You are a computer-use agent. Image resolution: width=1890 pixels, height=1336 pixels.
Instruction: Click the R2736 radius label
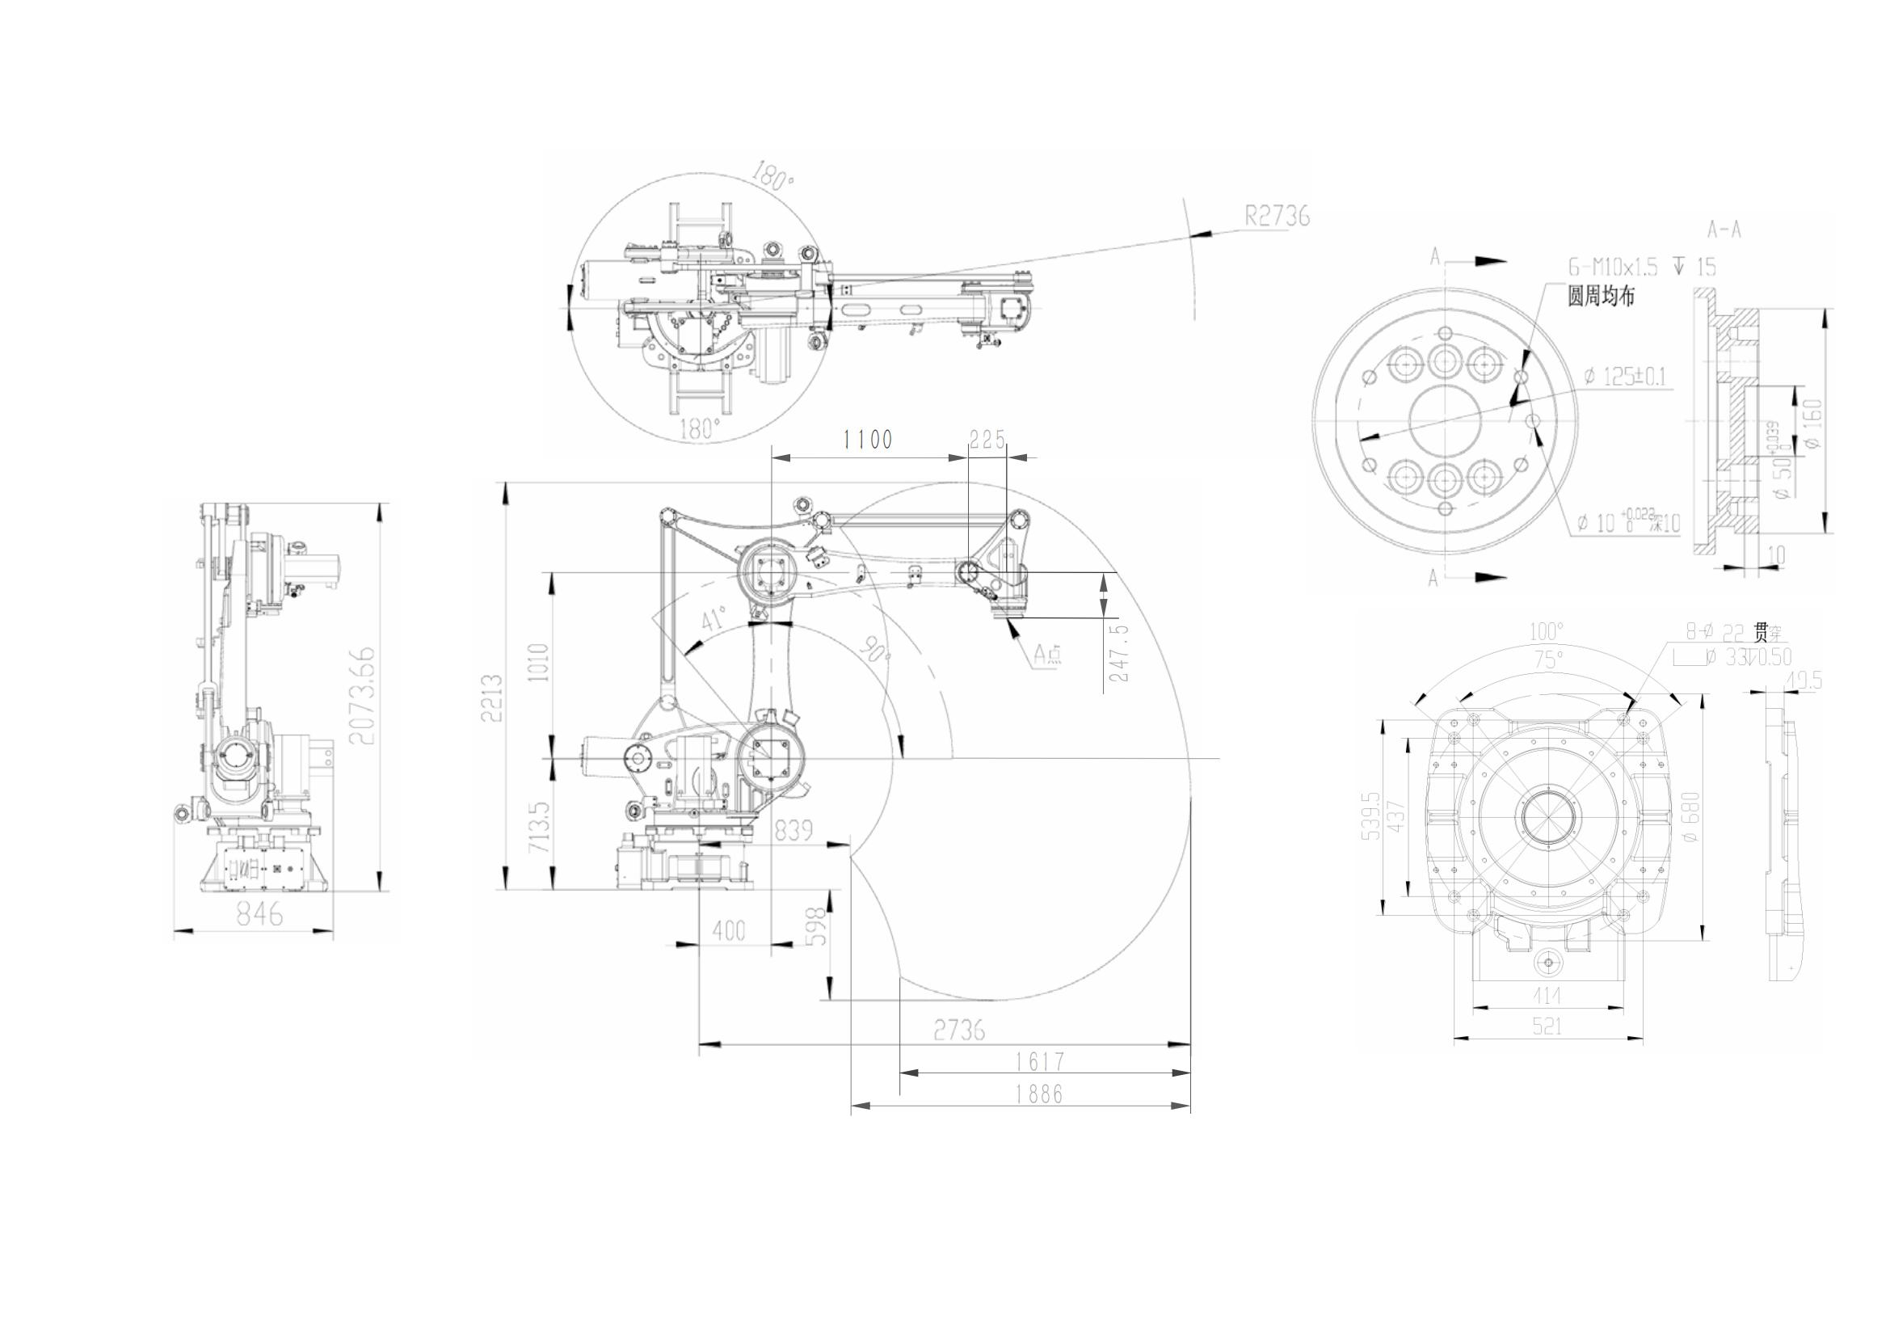click(1276, 217)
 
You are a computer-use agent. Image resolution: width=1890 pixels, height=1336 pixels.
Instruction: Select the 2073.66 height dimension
click(362, 696)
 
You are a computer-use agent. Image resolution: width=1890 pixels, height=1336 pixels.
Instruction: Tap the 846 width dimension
click(260, 914)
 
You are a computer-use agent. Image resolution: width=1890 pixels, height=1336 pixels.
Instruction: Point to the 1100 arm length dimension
click(868, 440)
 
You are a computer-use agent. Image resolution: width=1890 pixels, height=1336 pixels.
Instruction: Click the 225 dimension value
click(987, 440)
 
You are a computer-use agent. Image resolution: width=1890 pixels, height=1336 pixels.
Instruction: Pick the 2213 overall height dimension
click(492, 698)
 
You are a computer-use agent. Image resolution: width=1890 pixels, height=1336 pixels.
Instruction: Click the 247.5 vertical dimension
click(1119, 652)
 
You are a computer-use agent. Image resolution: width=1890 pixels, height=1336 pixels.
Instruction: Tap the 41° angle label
click(713, 619)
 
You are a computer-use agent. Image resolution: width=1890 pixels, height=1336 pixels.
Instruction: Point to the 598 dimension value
click(815, 928)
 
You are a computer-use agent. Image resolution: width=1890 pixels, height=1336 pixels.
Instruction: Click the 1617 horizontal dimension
click(1039, 1062)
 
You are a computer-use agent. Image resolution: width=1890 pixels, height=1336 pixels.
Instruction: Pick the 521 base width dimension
click(1547, 1026)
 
